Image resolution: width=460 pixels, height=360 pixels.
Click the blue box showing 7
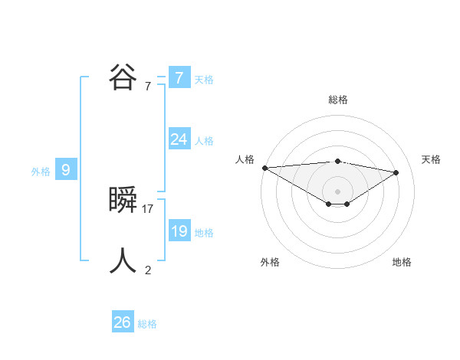(x=179, y=78)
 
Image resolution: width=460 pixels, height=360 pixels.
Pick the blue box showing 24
(x=179, y=139)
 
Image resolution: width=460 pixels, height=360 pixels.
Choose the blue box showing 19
(x=179, y=231)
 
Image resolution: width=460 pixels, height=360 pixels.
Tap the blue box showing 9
(x=66, y=170)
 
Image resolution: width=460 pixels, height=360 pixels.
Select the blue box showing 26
(x=122, y=322)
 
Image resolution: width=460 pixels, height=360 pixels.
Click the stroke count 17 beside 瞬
(x=148, y=208)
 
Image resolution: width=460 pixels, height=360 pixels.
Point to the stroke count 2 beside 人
(x=148, y=270)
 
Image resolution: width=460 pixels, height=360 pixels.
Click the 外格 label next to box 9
(x=41, y=172)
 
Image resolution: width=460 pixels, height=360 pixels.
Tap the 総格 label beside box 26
(x=147, y=324)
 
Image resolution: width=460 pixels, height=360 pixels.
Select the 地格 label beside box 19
(x=204, y=233)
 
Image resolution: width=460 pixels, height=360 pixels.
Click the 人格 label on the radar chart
(x=245, y=159)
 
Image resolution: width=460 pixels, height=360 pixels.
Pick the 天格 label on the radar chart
(x=431, y=159)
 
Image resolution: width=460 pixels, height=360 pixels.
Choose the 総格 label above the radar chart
(x=337, y=100)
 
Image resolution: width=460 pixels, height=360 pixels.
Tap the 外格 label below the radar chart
(x=270, y=262)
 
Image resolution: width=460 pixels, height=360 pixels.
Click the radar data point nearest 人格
(x=264, y=167)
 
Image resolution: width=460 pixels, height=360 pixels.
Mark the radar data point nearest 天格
(x=396, y=172)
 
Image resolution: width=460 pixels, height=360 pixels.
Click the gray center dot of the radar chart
(x=337, y=191)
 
